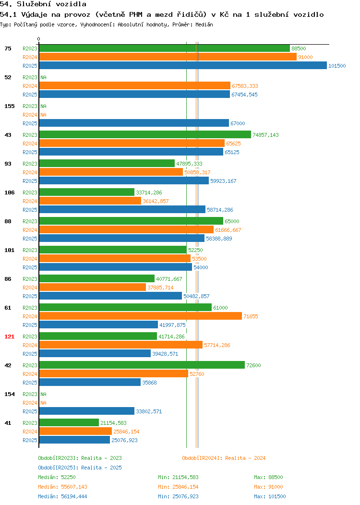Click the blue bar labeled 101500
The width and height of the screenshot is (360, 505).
point(183,65)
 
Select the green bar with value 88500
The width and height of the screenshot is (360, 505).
point(165,48)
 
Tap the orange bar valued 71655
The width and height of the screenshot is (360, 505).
point(140,316)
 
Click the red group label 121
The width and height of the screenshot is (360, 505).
point(9,337)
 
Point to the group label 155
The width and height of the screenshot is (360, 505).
point(9,106)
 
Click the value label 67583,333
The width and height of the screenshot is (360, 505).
point(245,86)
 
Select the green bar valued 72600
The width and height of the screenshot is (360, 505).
point(142,365)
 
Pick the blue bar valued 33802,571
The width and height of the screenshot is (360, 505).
point(86,411)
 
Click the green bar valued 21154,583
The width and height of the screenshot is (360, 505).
point(69,422)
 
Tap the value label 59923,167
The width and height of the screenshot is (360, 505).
point(223,181)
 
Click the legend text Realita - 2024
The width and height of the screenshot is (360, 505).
point(245,458)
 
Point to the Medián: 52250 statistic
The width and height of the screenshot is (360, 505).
point(57,477)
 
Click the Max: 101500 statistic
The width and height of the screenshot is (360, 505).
point(270,496)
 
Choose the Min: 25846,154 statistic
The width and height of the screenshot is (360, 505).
point(178,487)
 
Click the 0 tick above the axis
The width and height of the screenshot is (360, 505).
point(39,39)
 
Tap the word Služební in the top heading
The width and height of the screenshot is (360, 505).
point(34,4)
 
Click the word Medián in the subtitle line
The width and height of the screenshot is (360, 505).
point(204,24)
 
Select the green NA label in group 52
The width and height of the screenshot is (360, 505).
point(44,77)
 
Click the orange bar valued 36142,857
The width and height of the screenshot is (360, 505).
point(90,201)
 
